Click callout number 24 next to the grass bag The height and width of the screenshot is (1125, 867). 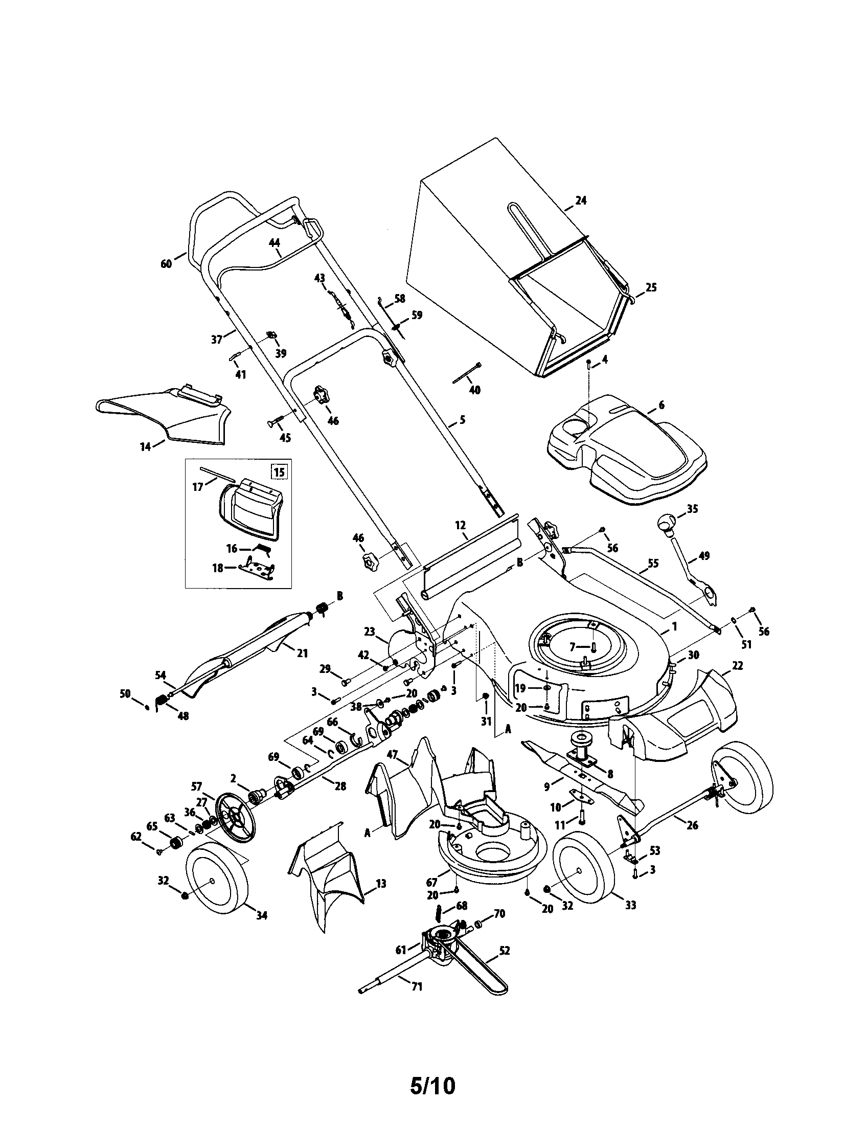(x=580, y=201)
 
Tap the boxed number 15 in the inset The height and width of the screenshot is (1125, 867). (x=279, y=471)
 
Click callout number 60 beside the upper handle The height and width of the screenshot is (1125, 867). (x=166, y=264)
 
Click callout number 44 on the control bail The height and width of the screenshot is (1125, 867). (x=274, y=241)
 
